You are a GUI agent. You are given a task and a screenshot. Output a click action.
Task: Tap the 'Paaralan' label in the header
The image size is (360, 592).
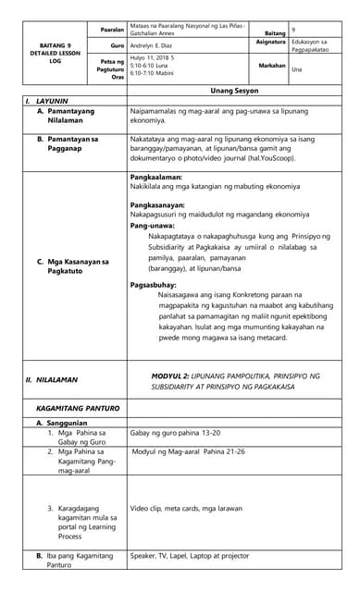click(x=112, y=30)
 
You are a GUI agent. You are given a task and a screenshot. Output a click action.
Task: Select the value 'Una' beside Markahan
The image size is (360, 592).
click(x=297, y=68)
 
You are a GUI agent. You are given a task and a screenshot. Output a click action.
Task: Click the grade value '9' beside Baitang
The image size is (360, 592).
click(x=292, y=31)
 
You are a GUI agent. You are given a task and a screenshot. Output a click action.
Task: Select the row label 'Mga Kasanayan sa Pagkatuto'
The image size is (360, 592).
click(x=74, y=265)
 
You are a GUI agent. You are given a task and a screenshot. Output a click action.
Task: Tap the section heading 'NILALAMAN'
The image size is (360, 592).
click(x=57, y=379)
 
